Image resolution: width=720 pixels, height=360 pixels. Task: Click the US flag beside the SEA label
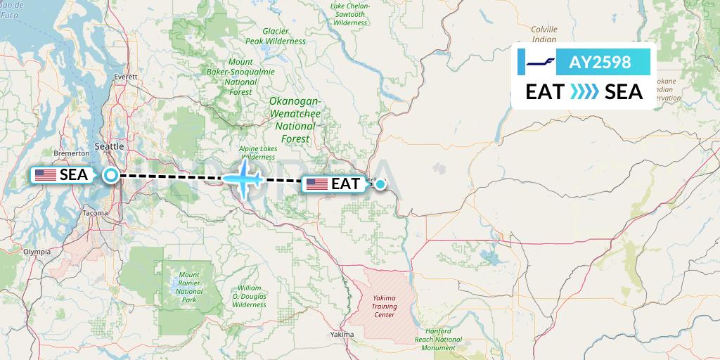(x=46, y=175)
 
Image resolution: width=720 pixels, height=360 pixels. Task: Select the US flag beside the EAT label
(x=316, y=184)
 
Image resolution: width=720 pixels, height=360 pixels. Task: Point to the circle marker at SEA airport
(x=111, y=175)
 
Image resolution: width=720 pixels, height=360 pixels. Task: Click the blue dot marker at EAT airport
(x=380, y=185)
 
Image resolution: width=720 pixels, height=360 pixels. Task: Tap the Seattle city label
(x=108, y=146)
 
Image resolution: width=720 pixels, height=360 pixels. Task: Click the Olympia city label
(x=37, y=251)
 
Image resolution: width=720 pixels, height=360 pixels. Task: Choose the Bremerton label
(x=72, y=153)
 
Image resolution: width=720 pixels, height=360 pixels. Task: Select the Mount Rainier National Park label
(x=189, y=287)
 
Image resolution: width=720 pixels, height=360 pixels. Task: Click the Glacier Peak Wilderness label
(x=283, y=36)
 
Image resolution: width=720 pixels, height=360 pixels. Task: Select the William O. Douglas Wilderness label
(x=250, y=296)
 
